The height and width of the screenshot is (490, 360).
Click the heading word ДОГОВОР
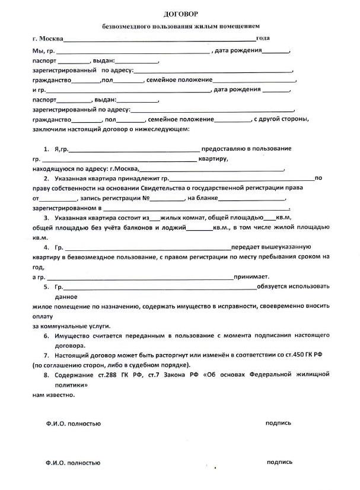pos(179,13)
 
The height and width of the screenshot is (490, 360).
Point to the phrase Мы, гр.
pos(43,51)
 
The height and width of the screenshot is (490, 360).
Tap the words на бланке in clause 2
pos(204,198)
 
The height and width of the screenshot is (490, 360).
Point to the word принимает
pos(252,276)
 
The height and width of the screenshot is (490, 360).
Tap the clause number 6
pos(46,336)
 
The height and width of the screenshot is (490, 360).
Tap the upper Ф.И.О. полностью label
pos(73,424)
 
